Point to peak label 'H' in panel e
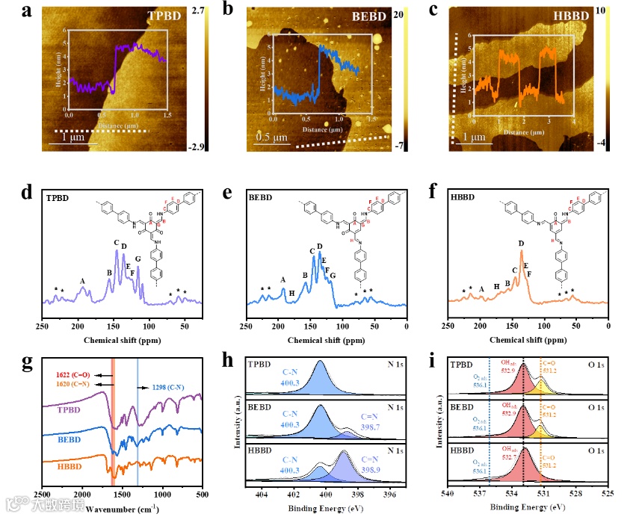click(x=291, y=294)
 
